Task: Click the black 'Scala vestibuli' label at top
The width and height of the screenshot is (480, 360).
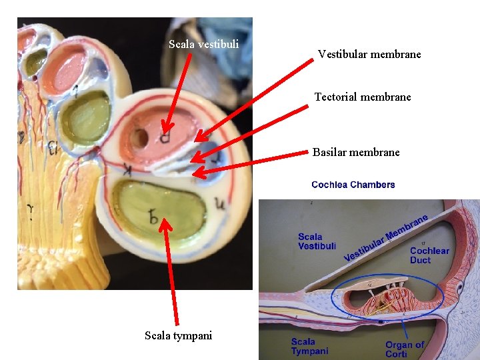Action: (203, 45)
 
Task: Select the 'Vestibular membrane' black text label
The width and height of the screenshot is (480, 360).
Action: (369, 55)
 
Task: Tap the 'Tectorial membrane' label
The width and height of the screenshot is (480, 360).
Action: (363, 97)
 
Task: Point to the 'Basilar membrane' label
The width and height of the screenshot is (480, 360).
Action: (356, 153)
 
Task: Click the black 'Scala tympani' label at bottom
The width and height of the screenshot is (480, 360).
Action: (178, 335)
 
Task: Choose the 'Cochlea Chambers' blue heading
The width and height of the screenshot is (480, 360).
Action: (353, 185)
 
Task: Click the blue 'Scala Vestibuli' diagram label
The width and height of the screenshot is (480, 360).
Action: (317, 241)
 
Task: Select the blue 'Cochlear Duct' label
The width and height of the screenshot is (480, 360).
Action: (429, 255)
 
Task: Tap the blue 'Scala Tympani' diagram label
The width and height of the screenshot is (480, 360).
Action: (309, 347)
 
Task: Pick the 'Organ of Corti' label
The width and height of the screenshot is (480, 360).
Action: (404, 349)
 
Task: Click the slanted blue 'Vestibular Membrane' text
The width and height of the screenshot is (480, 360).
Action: (386, 238)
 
